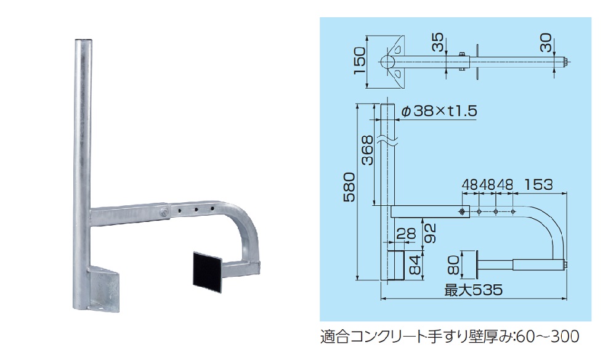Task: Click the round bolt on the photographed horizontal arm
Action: pos(165,212)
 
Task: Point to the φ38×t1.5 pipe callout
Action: pos(438,111)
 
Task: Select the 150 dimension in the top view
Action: pos(360,59)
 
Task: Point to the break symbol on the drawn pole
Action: pos(387,142)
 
